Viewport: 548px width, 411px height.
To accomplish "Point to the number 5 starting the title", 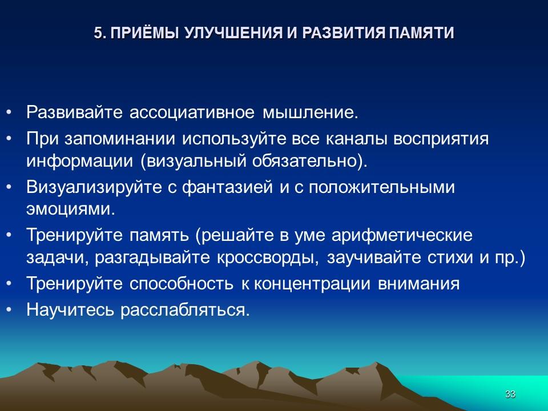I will [98, 33].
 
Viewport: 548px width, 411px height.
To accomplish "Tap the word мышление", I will [310, 112].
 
